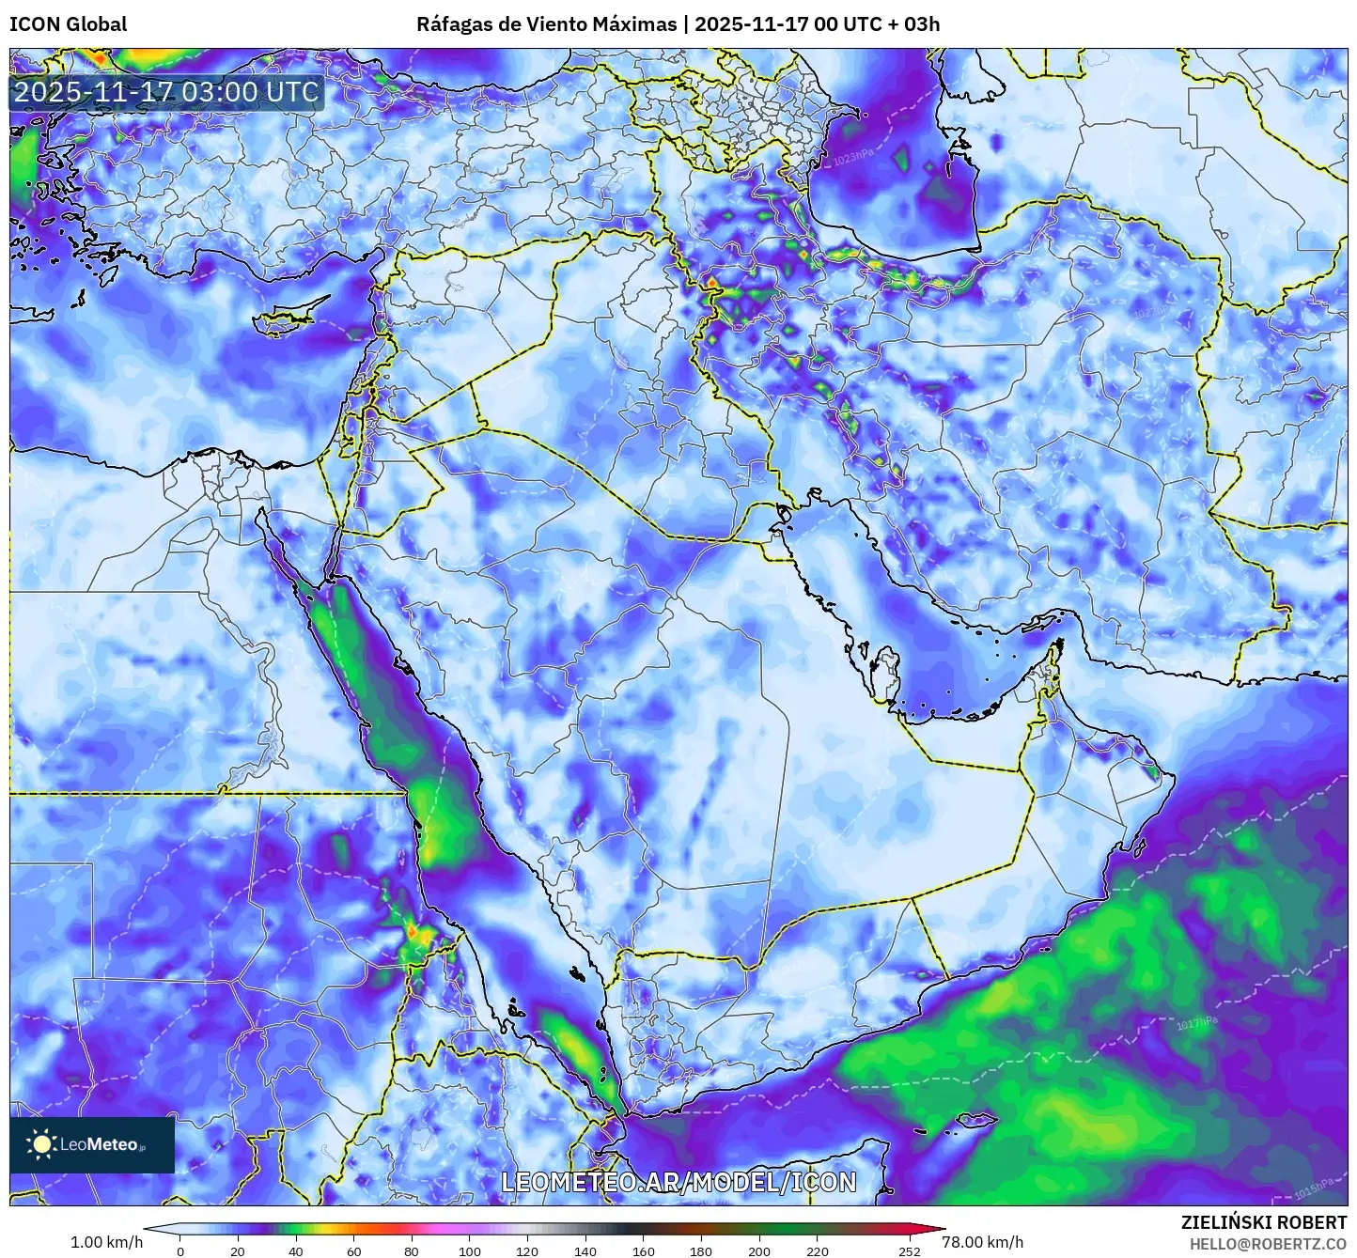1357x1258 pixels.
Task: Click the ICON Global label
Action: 68,24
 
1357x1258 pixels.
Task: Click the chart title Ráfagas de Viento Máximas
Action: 546,24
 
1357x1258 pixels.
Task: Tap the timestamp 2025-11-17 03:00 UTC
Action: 166,92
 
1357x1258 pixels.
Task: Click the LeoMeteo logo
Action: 91,1144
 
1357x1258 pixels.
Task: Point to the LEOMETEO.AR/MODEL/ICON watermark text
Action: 678,1182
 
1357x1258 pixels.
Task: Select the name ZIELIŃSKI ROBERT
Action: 1263,1222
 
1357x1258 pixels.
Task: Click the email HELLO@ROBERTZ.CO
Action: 1268,1243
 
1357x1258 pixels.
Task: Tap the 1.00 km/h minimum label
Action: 106,1242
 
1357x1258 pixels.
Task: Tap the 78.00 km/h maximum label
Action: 982,1242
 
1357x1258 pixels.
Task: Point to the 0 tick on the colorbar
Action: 180,1250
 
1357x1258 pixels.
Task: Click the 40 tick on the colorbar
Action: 296,1250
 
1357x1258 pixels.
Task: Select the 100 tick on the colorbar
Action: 469,1250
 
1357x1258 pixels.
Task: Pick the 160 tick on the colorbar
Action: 643,1250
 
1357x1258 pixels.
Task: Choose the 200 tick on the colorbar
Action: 758,1250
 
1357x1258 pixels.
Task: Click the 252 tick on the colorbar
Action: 909,1250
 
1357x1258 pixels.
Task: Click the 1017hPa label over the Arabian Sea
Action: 1196,1023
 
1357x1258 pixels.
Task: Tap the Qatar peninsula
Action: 884,672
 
